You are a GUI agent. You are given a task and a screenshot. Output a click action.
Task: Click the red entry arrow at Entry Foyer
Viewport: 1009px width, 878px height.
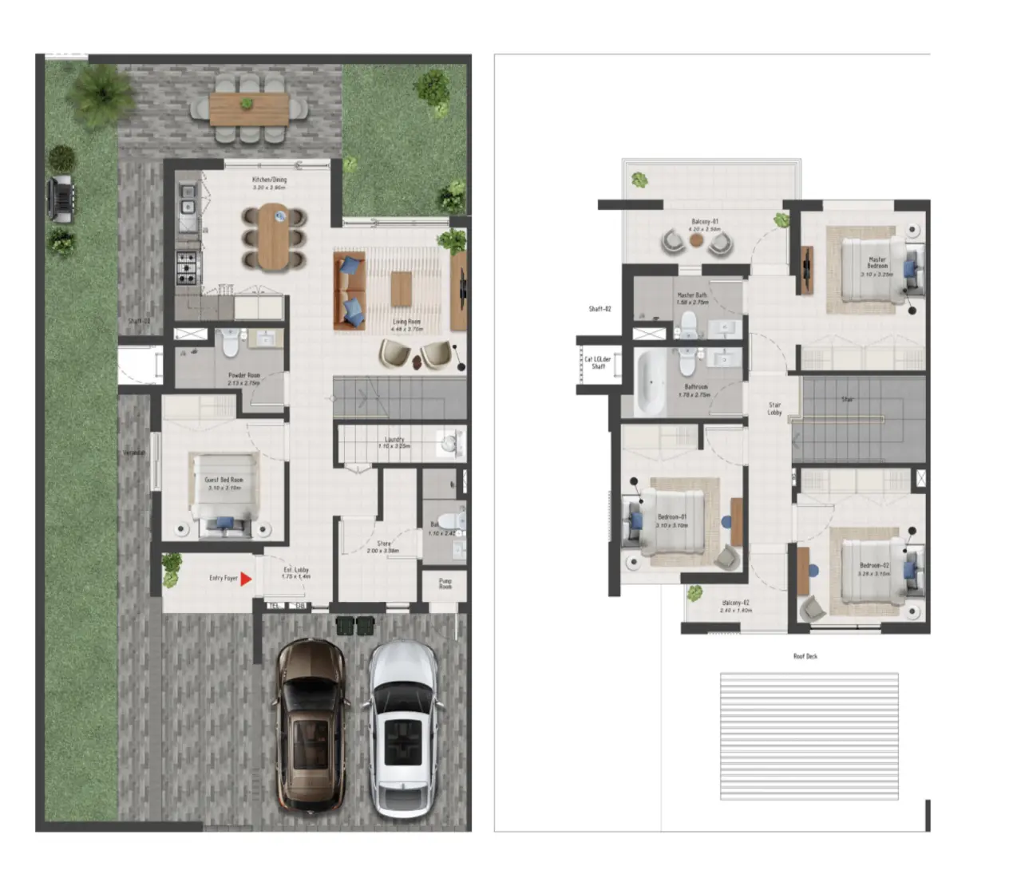pyautogui.click(x=246, y=579)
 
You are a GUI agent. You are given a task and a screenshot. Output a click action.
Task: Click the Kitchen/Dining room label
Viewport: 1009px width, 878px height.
pyautogui.click(x=269, y=183)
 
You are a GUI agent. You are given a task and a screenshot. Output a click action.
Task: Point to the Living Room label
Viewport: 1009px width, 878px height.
pyautogui.click(x=406, y=324)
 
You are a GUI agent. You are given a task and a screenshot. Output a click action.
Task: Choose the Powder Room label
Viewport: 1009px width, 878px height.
pyautogui.click(x=243, y=378)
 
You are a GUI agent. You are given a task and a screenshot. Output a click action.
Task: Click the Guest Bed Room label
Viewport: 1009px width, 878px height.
pyautogui.click(x=224, y=483)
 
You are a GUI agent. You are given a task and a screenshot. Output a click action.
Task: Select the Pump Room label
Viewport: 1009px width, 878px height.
pyautogui.click(x=445, y=583)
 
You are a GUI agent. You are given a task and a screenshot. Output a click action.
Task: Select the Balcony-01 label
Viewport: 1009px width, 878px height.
pyautogui.click(x=704, y=224)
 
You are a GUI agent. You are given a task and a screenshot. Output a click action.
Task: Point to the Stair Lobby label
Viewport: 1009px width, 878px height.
pyautogui.click(x=774, y=409)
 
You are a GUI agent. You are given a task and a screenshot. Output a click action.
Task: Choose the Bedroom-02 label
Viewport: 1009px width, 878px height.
pyautogui.click(x=874, y=569)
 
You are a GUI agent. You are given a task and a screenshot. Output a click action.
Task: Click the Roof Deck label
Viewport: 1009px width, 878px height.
pyautogui.click(x=805, y=656)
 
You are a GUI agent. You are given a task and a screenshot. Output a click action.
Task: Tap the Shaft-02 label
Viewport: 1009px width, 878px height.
pyautogui.click(x=599, y=309)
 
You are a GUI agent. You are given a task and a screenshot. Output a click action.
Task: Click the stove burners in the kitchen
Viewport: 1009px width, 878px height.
pyautogui.click(x=186, y=268)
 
